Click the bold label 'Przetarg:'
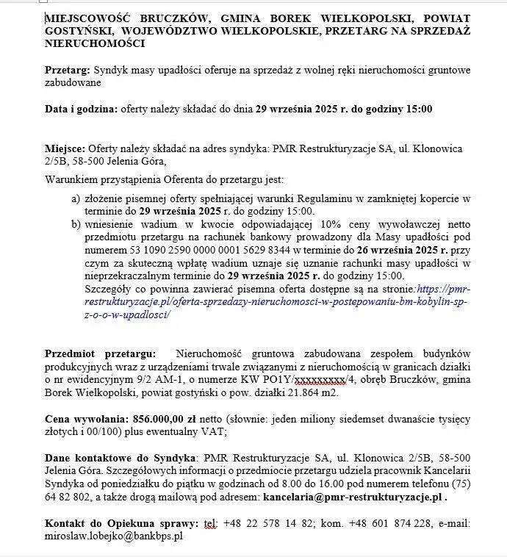pyautogui.click(x=67, y=70)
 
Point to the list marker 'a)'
pyautogui.click(x=75, y=199)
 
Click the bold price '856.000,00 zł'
pyautogui.click(x=165, y=418)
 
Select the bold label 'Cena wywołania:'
pyautogui.click(x=85, y=418)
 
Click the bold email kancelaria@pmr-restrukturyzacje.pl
pyautogui.click(x=353, y=497)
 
